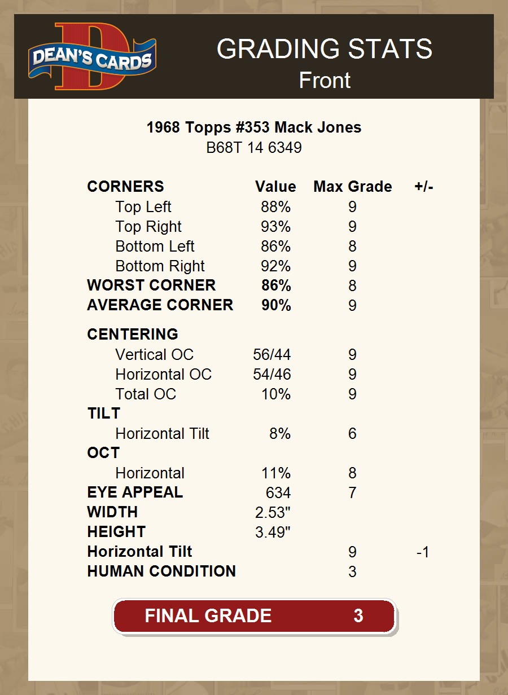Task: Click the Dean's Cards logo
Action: (x=93, y=56)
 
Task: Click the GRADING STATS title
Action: (x=325, y=49)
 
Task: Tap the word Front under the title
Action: (x=325, y=80)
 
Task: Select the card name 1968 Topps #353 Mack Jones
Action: (x=254, y=127)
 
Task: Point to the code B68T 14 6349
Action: (x=254, y=148)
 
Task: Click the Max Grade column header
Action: (x=352, y=187)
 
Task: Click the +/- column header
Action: (x=423, y=187)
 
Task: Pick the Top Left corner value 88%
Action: (x=275, y=207)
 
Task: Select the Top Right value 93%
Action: (x=275, y=227)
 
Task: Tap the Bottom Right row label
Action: (x=160, y=266)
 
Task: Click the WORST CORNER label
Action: (x=151, y=285)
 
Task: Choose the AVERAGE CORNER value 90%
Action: (x=276, y=305)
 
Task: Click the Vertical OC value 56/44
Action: (x=271, y=355)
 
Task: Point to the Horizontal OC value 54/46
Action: (x=271, y=375)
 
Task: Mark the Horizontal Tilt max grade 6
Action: (x=352, y=434)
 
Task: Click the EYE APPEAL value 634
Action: (x=278, y=493)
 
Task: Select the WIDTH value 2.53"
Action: (x=273, y=513)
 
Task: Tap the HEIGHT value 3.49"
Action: (x=273, y=533)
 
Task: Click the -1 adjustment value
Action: (x=423, y=552)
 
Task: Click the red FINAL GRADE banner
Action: (x=254, y=615)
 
